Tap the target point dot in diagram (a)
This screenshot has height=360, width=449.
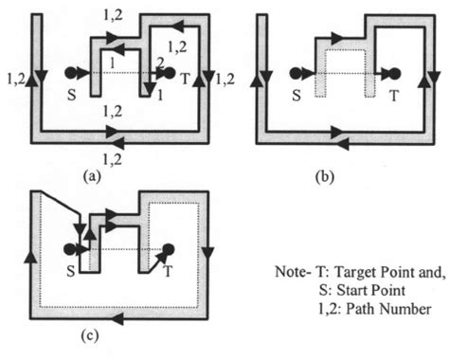(x=170, y=72)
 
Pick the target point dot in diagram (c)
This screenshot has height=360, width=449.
(x=169, y=249)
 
